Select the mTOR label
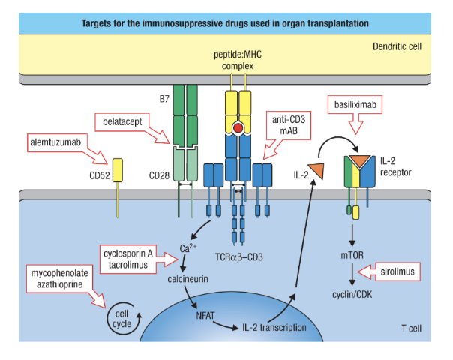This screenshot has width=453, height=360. pyautogui.click(x=352, y=254)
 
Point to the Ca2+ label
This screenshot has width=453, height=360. pyautogui.click(x=187, y=248)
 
